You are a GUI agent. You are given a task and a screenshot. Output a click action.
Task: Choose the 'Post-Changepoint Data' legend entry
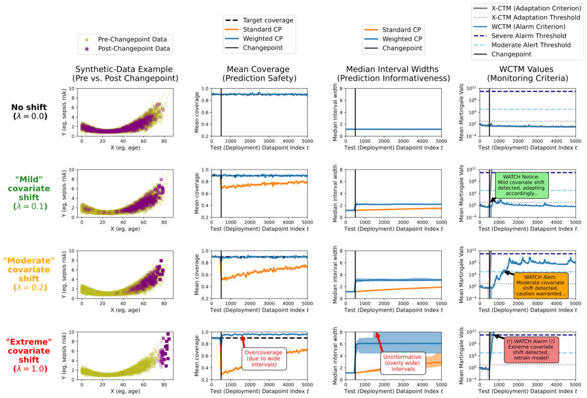coord(134,49)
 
